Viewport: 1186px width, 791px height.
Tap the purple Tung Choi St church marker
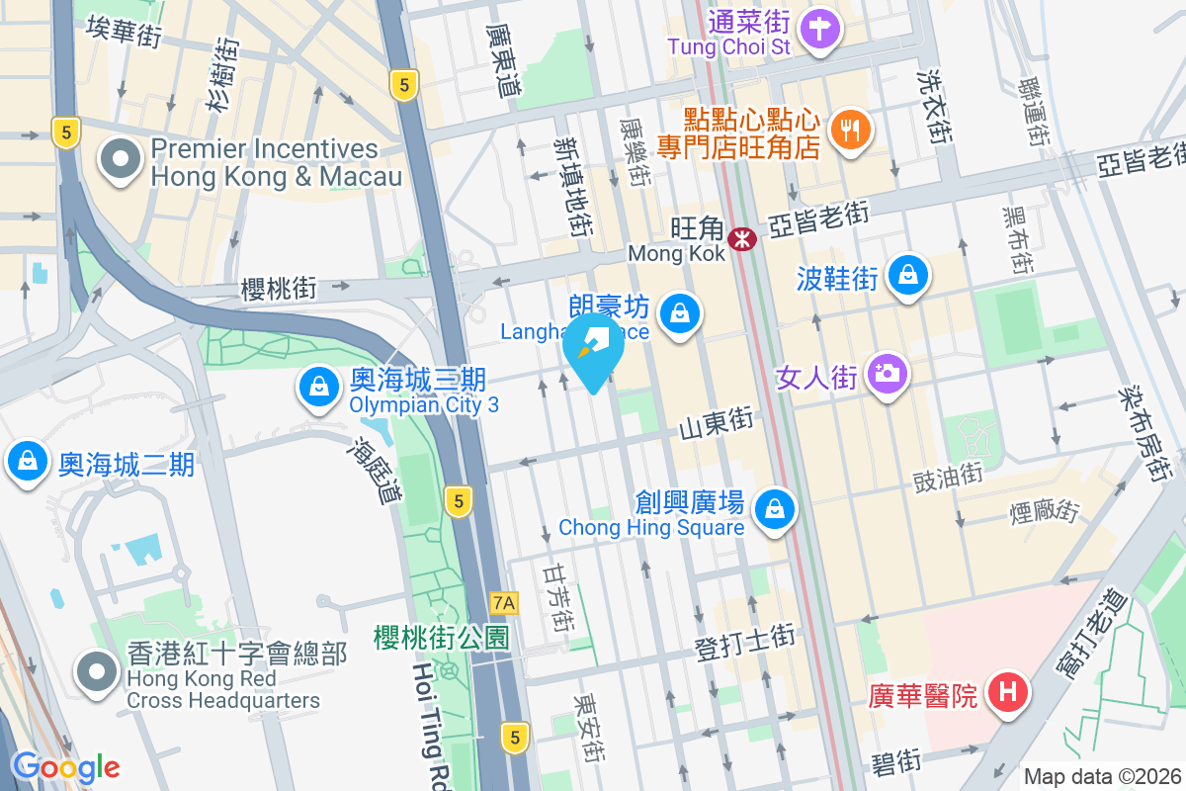(x=819, y=27)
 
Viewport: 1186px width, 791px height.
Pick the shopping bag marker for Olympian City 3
(x=319, y=388)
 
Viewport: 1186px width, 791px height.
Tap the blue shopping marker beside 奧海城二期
(x=28, y=462)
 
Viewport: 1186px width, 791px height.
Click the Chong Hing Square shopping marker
(x=775, y=510)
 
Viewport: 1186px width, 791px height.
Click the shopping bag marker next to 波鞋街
(x=907, y=277)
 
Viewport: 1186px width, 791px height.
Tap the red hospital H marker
(x=1007, y=691)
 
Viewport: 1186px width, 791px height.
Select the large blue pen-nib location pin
(x=593, y=349)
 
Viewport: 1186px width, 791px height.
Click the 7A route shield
(x=504, y=602)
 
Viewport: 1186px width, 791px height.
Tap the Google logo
(x=65, y=766)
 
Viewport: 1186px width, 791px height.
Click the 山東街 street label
(x=717, y=424)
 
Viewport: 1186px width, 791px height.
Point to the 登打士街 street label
(x=744, y=649)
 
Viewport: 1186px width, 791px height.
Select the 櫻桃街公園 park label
(x=441, y=638)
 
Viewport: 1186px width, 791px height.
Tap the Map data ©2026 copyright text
(x=1102, y=776)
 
